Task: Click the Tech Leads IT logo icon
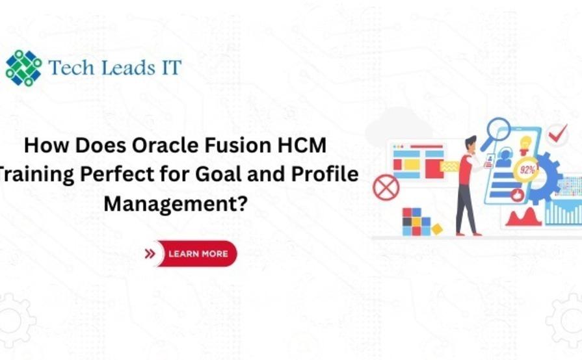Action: tap(23, 68)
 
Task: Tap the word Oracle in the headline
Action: tap(153, 146)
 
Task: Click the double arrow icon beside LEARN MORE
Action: tap(150, 253)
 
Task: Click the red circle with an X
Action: tap(385, 187)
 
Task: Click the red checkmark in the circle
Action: tap(557, 135)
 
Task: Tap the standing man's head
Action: tap(470, 144)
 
